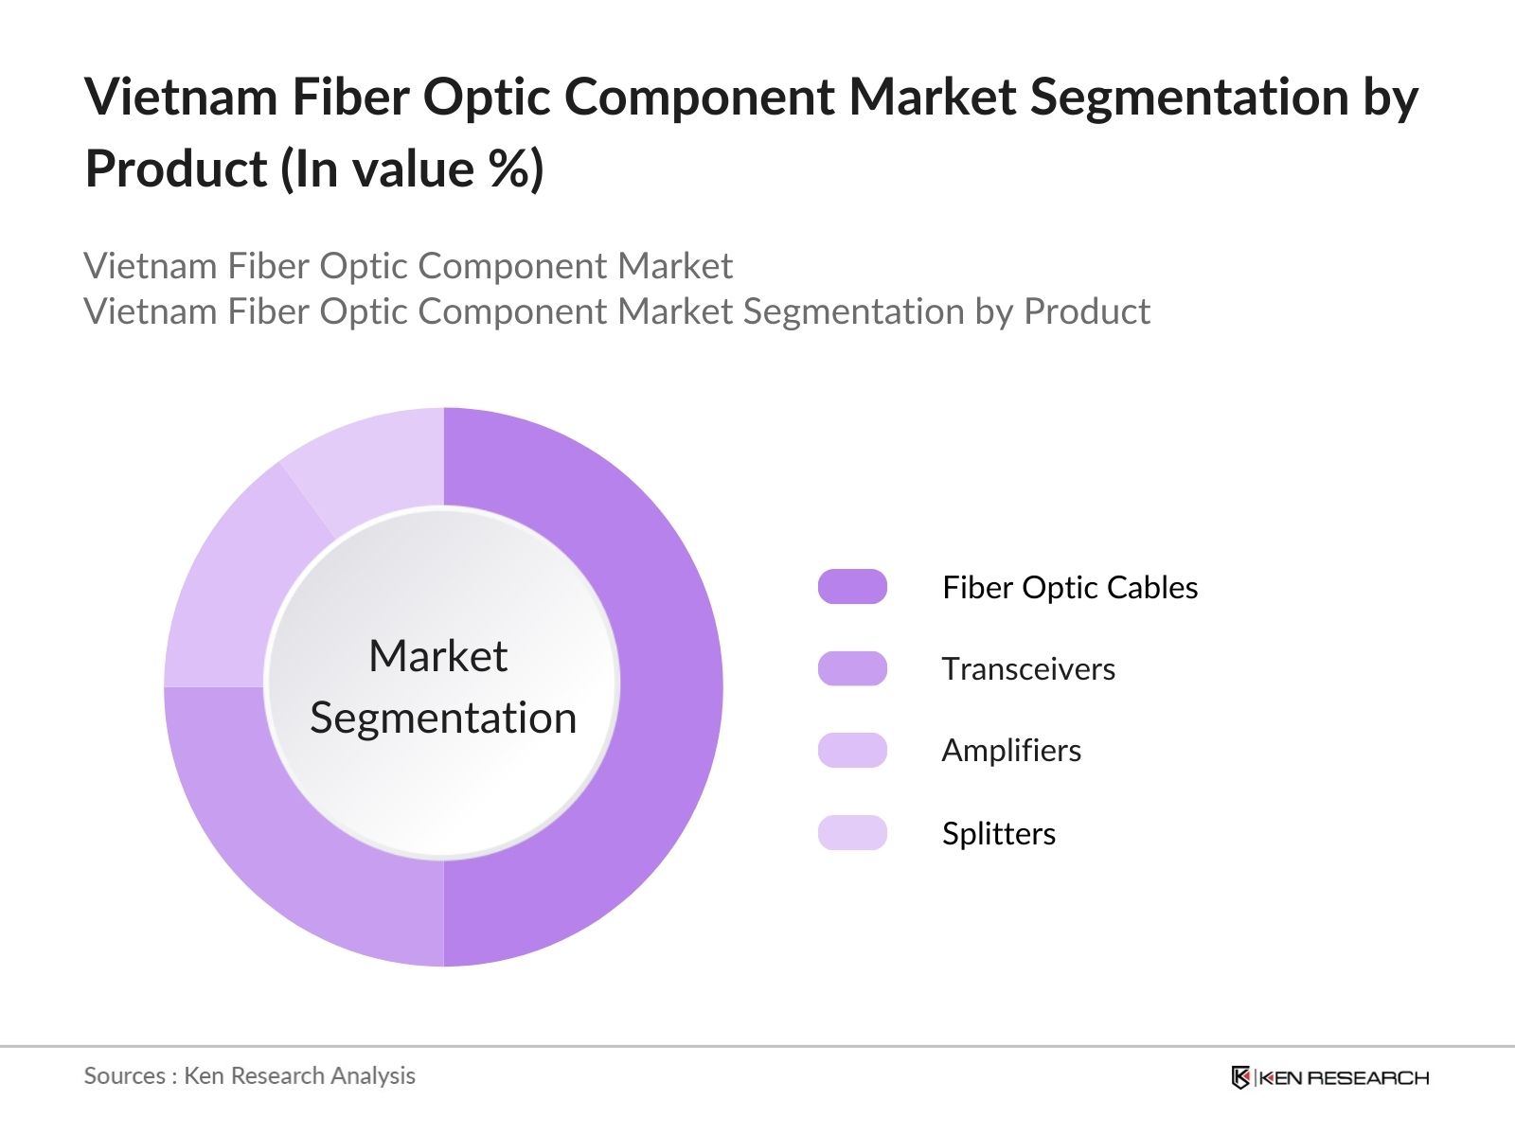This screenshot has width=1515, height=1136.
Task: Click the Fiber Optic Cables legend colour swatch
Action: point(852,587)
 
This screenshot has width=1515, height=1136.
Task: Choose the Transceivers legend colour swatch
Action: point(852,668)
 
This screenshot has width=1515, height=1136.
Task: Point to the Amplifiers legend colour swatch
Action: point(852,750)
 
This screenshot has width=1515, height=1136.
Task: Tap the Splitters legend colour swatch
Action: point(852,832)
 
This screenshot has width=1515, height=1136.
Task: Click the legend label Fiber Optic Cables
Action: point(1070,588)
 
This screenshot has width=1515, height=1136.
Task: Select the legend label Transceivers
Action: point(1028,669)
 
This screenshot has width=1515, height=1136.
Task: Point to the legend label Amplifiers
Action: point(1011,751)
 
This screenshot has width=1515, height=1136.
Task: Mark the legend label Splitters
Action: point(999,833)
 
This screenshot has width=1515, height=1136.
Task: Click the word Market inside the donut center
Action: point(438,656)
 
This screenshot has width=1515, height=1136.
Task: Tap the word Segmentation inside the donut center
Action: point(443,718)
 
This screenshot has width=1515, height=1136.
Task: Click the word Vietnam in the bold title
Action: point(181,97)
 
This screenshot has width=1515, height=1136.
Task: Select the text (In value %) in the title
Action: point(412,169)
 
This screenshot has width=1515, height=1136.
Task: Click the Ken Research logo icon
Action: point(1240,1077)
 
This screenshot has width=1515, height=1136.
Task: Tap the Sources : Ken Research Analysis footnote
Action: point(250,1075)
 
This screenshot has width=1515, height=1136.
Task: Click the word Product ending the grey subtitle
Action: point(1087,311)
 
